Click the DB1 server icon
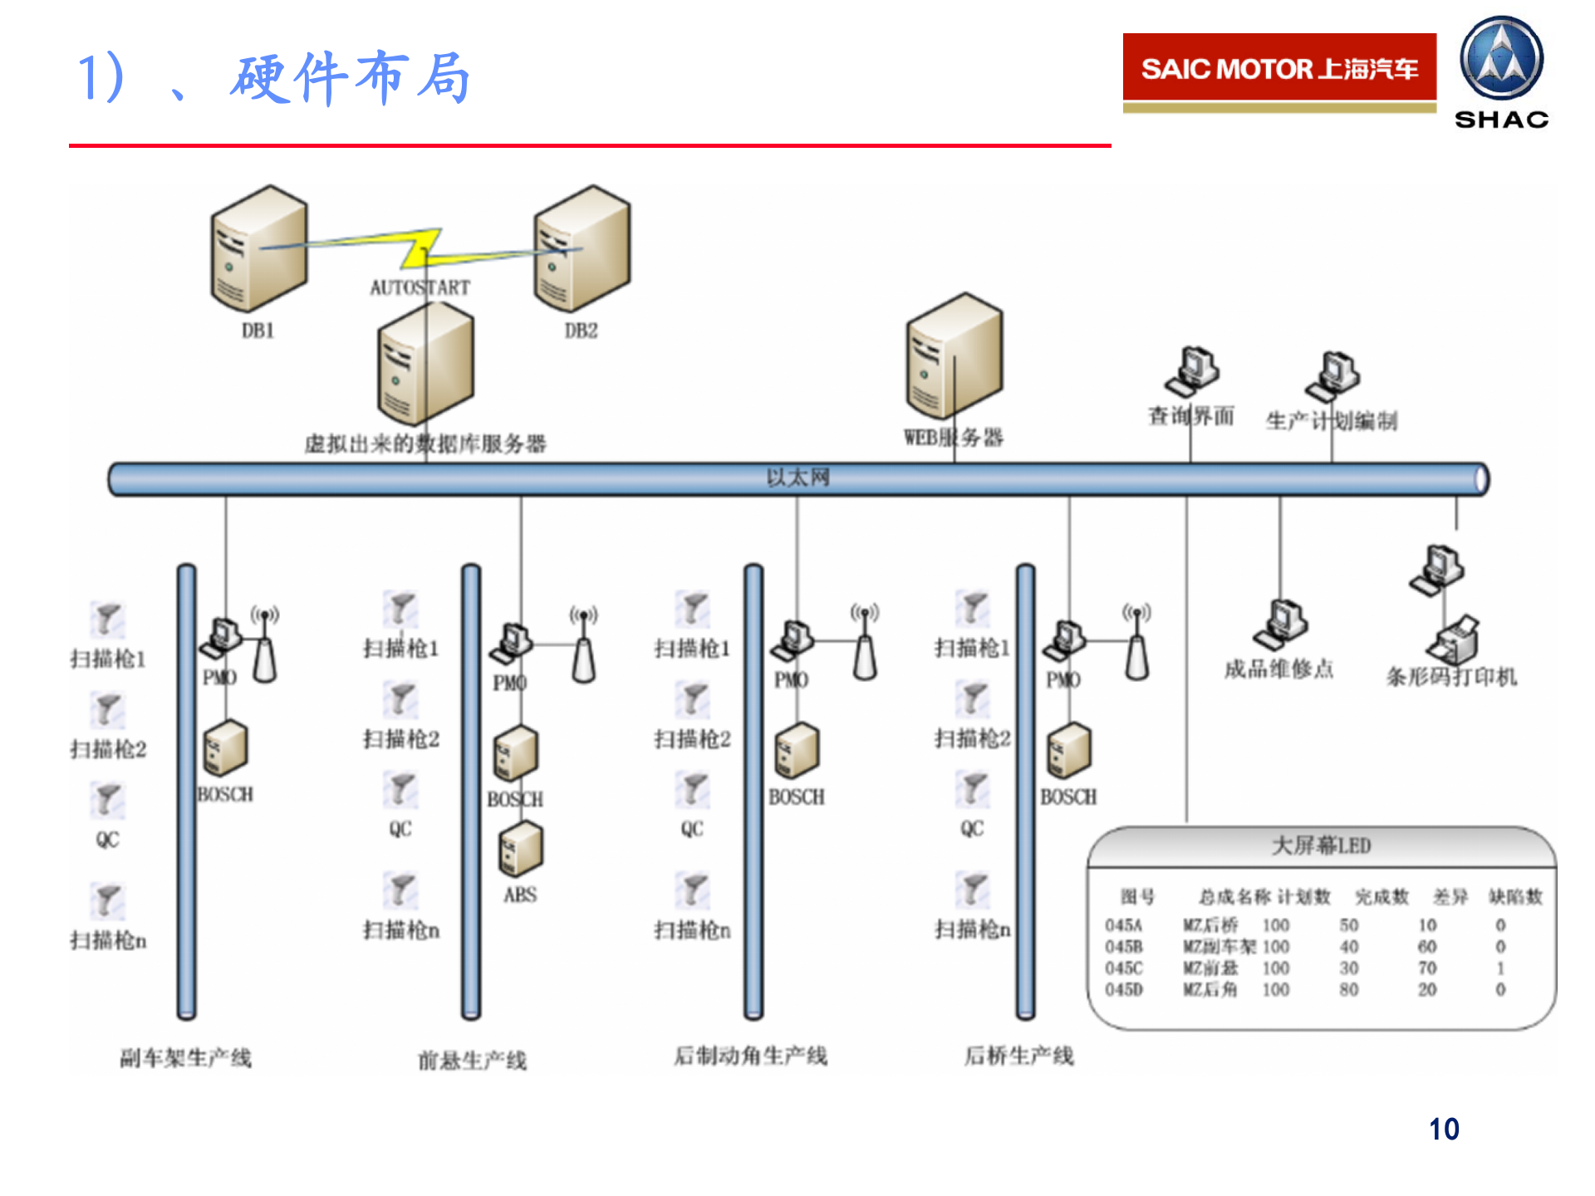(258, 249)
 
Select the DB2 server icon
(582, 249)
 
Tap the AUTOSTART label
(420, 287)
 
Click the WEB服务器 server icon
(955, 356)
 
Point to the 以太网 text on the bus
(797, 478)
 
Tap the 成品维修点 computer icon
(1280, 625)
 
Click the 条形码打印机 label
(1451, 677)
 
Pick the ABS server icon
(521, 849)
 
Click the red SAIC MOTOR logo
(1279, 68)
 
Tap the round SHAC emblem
(1501, 59)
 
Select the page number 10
(1444, 1130)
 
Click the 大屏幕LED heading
(1321, 846)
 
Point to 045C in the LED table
(1124, 968)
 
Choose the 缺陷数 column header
(1515, 897)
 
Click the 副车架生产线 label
(185, 1058)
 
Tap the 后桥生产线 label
(1018, 1056)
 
